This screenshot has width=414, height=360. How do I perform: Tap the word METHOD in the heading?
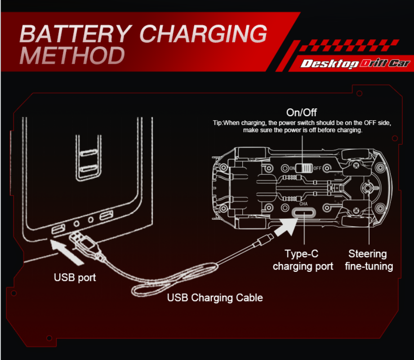(x=72, y=55)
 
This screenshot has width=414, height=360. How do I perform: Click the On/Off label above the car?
(x=301, y=112)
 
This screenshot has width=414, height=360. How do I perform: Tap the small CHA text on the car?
(x=303, y=203)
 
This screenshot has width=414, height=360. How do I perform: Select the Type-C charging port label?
(x=303, y=260)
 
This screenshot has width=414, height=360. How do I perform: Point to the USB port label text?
(x=75, y=277)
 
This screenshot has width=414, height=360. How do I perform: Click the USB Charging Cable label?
(x=215, y=297)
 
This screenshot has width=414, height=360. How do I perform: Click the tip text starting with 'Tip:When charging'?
(x=302, y=126)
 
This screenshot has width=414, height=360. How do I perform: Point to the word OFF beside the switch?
(x=317, y=168)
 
